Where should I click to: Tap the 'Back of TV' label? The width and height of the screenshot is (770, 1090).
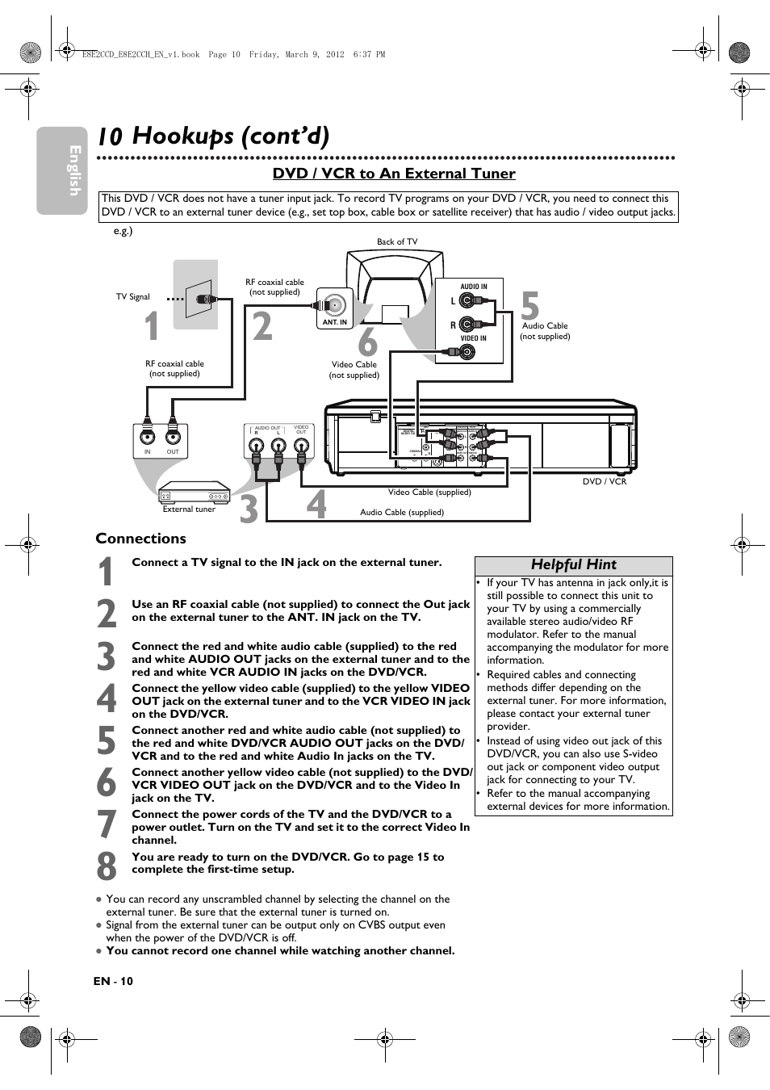click(x=397, y=241)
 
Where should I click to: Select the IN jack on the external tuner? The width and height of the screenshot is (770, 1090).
click(x=147, y=438)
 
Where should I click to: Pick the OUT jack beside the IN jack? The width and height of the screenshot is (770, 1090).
click(x=173, y=438)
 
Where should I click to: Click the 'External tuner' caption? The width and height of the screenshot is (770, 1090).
click(x=189, y=509)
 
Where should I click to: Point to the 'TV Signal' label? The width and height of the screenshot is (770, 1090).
click(x=133, y=296)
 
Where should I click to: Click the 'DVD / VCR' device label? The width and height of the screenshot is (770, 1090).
click(x=605, y=481)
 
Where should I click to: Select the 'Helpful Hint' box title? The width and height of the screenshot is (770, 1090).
click(x=573, y=564)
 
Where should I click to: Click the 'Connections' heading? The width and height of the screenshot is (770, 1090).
click(x=140, y=539)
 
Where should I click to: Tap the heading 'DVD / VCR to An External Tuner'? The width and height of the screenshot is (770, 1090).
click(x=394, y=174)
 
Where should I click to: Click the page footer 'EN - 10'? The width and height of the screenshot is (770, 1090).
click(x=113, y=981)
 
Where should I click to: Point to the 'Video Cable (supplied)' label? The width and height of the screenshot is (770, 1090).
click(x=429, y=492)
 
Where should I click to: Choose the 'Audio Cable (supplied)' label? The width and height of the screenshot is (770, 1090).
click(x=402, y=512)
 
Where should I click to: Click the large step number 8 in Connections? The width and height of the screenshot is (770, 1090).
click(x=107, y=866)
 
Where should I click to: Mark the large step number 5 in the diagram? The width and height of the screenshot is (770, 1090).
click(x=529, y=308)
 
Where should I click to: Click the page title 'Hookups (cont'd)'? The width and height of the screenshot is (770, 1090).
click(x=230, y=135)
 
